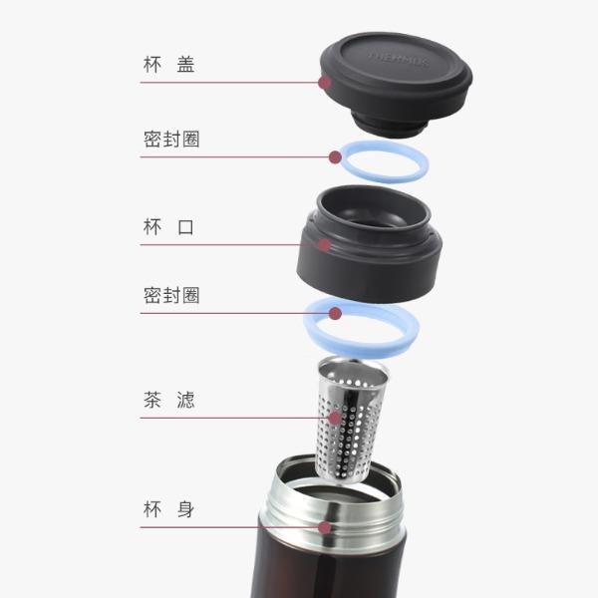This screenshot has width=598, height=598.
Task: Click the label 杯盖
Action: coord(169,65)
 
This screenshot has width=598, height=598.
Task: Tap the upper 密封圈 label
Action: coord(171,140)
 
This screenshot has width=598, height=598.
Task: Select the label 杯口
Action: coord(168,227)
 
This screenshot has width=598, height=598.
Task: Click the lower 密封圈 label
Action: coord(171,296)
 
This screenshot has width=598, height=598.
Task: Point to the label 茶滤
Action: coord(169,400)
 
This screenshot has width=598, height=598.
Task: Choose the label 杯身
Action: coord(169,509)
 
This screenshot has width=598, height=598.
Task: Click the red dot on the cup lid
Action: coord(325,83)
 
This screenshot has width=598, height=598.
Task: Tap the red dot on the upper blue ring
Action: coord(335,157)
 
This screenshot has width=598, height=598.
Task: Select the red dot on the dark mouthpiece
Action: coord(325,245)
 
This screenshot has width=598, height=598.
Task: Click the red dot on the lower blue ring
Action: coord(335,314)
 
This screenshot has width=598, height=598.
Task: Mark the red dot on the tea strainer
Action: coord(335,418)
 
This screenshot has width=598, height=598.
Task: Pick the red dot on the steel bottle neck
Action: coord(325,528)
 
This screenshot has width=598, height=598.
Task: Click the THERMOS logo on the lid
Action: coord(400,59)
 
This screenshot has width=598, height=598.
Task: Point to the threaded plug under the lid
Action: coord(392,125)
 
